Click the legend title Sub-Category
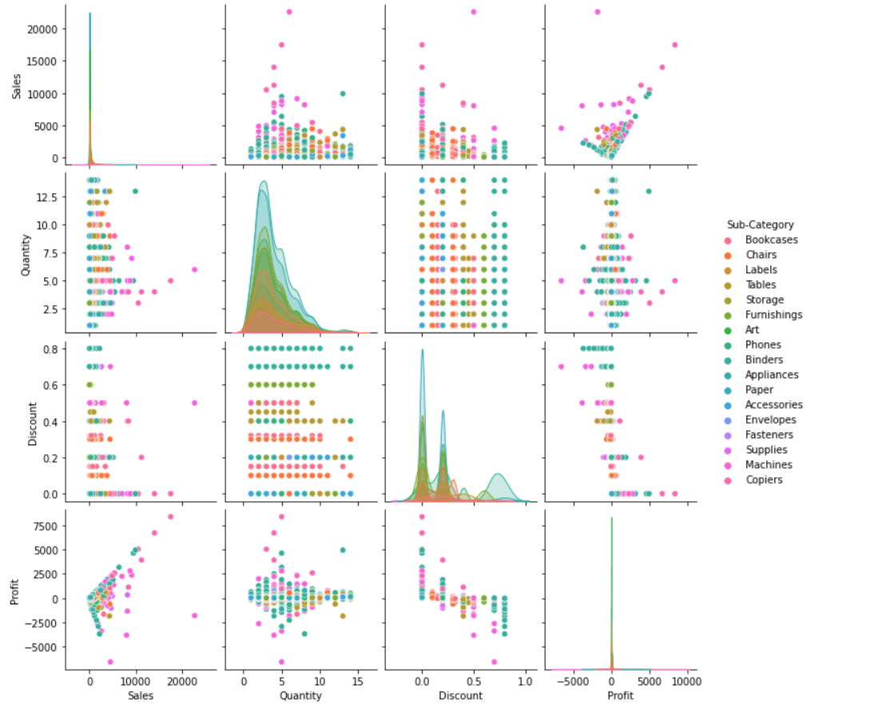click(x=761, y=225)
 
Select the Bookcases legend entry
click(x=771, y=240)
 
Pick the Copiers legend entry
click(x=764, y=480)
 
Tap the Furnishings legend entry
click(x=774, y=315)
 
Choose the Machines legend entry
click(x=769, y=464)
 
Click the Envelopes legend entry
click(x=770, y=420)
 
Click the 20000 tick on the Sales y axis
click(x=45, y=29)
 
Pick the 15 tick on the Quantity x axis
click(x=358, y=681)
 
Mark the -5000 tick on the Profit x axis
click(x=572, y=681)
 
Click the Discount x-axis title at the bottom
click(x=460, y=695)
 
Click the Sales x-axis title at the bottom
click(x=141, y=695)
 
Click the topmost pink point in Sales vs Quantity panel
click(x=289, y=12)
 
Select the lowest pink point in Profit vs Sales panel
click(x=109, y=661)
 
